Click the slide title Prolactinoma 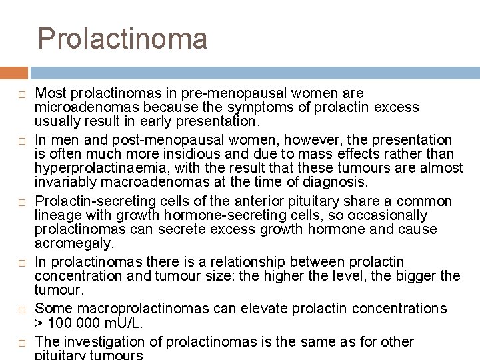point(123,38)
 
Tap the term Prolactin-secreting point(89,201)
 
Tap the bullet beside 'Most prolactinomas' point(20,94)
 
